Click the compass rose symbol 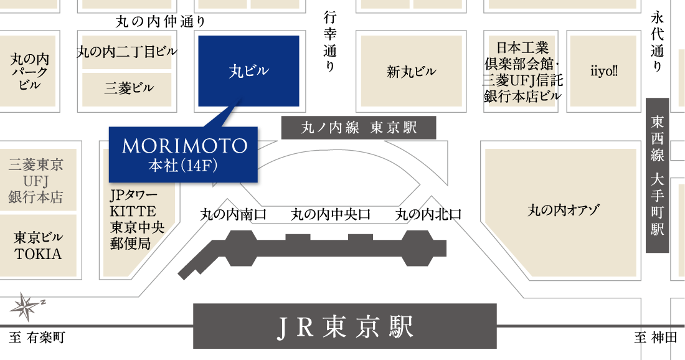click(x=26, y=306)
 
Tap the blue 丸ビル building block click(x=248, y=71)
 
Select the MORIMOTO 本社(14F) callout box click(x=183, y=154)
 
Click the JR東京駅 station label click(x=345, y=326)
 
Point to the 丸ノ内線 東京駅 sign click(x=359, y=128)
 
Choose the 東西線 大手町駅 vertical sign click(x=658, y=175)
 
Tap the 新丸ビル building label click(x=411, y=71)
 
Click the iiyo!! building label click(x=604, y=71)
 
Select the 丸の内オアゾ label click(x=564, y=210)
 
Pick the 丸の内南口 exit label click(x=234, y=214)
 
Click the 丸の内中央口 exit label click(x=331, y=214)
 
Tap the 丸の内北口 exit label click(x=428, y=214)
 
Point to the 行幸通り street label click(x=330, y=42)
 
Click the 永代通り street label click(x=658, y=42)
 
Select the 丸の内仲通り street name click(x=160, y=21)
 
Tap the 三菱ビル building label click(x=129, y=88)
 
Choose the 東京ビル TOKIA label click(x=38, y=245)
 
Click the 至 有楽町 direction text click(x=37, y=338)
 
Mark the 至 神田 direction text click(x=656, y=338)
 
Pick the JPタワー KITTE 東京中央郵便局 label click(x=137, y=219)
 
